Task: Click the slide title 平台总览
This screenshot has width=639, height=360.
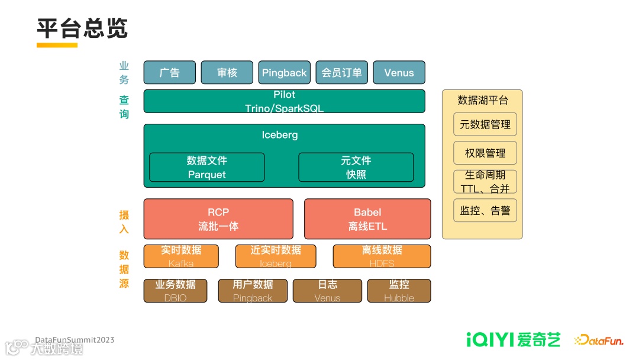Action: click(82, 28)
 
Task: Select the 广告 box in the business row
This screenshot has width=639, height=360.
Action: click(169, 72)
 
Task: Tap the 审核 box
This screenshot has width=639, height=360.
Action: click(227, 72)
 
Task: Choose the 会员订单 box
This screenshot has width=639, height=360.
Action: click(341, 72)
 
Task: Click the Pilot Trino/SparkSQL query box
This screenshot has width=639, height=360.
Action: click(284, 101)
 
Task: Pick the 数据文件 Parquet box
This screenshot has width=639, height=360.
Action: click(206, 167)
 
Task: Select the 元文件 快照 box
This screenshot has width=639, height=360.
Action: click(356, 167)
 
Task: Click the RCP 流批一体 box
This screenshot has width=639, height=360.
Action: click(218, 219)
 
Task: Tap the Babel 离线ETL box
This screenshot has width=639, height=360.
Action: click(367, 219)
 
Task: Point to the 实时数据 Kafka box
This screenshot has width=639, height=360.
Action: click(181, 256)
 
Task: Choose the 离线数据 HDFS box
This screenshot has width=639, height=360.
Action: click(382, 256)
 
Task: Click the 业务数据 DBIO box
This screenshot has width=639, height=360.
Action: click(175, 291)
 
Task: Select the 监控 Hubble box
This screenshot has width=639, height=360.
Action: click(399, 291)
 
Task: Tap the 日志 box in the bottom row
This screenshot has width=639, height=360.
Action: click(327, 291)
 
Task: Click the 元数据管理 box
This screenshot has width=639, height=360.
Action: click(485, 124)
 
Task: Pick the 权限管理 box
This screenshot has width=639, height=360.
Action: click(485, 153)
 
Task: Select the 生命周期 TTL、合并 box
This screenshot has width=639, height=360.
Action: click(485, 182)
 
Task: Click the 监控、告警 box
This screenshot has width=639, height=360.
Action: click(485, 210)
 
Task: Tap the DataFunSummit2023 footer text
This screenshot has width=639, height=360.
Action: click(75, 340)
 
